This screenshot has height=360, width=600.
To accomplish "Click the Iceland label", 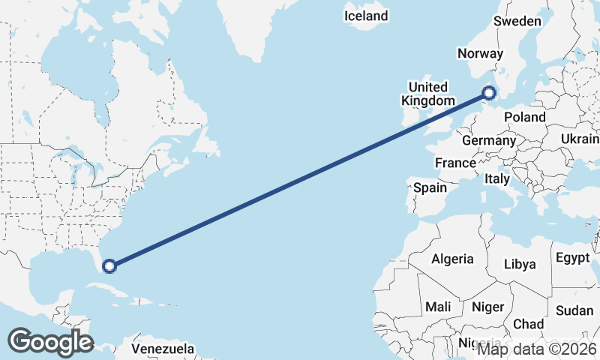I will [366, 16].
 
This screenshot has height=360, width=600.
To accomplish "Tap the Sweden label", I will [517, 21].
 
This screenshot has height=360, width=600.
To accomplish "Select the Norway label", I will [480, 53].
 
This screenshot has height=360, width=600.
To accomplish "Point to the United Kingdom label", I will [427, 94].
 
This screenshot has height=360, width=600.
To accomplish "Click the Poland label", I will [525, 117].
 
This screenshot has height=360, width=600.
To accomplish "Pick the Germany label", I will [489, 140].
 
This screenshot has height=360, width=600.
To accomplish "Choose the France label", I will [455, 163].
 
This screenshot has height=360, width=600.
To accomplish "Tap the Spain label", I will [430, 187].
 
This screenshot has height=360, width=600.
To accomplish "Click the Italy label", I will [496, 179].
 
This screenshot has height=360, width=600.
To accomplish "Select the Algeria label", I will [452, 259].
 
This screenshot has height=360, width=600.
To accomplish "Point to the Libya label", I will [520, 264].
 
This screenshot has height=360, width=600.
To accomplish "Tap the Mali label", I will [438, 307].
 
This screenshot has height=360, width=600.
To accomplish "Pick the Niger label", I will [487, 307].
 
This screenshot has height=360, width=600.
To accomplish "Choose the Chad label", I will [529, 324].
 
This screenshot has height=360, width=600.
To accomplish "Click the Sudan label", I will [575, 310].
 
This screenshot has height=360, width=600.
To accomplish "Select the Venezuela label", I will [163, 349].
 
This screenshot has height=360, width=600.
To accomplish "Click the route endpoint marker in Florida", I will [109, 265].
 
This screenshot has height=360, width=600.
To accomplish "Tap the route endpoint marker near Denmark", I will [489, 93].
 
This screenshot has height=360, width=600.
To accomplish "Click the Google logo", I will [50, 341].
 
